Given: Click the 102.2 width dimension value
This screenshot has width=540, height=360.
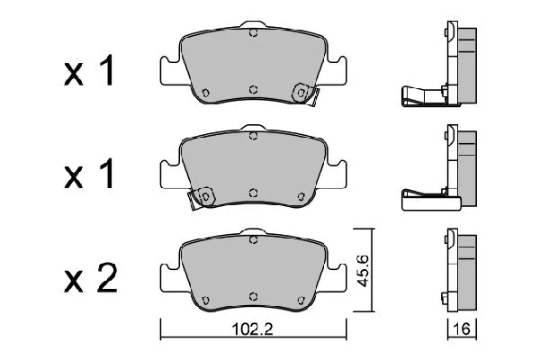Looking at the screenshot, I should pos(253,330).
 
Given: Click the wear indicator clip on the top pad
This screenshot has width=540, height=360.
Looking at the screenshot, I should pos(304,92).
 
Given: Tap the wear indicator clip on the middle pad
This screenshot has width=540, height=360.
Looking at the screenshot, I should pos(202,195).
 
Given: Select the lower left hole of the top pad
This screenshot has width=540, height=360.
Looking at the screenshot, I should pos(206,92).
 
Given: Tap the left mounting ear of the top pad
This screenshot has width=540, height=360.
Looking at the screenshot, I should pos(167,68).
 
